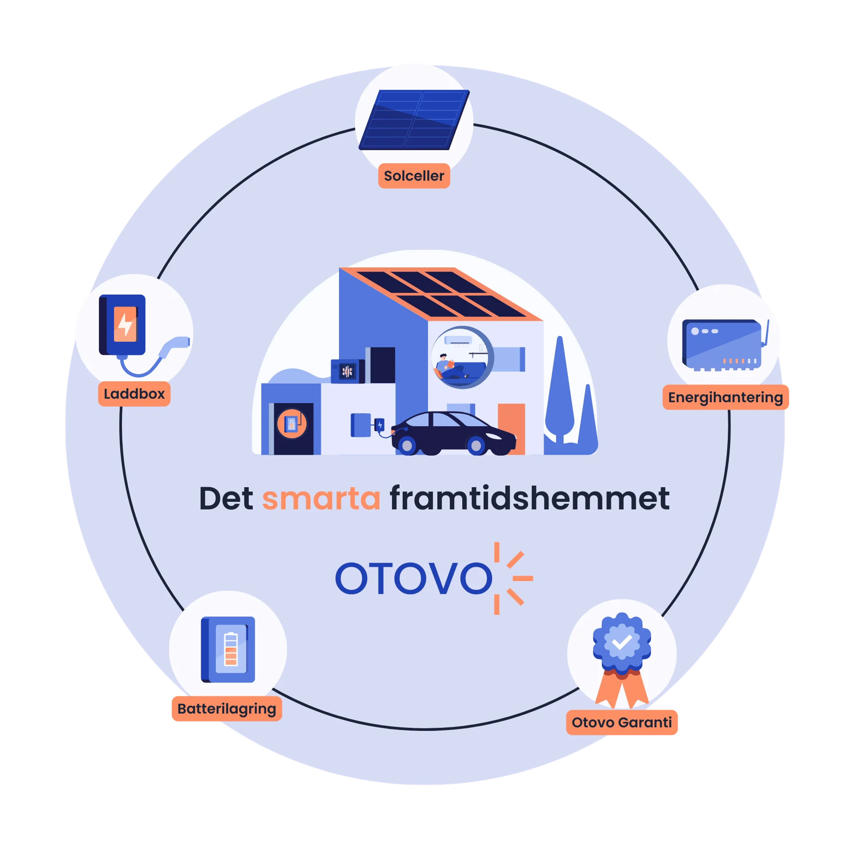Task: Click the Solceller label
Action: (414, 176)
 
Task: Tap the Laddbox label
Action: (134, 394)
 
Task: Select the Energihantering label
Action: (725, 397)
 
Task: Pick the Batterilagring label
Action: (227, 709)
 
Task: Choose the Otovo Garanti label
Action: (622, 722)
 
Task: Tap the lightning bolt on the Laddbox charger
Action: (125, 325)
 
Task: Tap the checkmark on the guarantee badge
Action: (622, 642)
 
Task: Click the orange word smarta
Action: (321, 499)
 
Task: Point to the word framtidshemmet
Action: (529, 499)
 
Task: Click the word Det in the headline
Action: (226, 499)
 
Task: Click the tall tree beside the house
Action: (560, 389)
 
